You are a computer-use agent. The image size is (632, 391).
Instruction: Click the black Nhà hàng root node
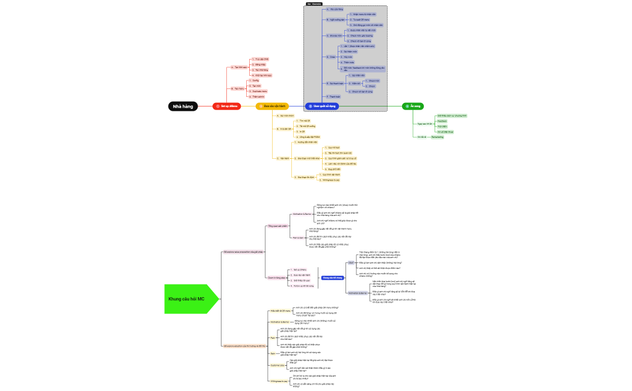(183, 106)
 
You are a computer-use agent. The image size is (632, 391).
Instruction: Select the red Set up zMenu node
(226, 106)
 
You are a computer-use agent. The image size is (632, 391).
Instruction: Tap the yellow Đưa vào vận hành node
(272, 106)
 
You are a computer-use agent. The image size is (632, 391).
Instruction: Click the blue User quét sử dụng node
(322, 106)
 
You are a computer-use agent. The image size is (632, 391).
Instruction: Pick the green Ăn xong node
(413, 106)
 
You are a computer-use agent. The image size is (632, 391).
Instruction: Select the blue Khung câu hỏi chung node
(332, 278)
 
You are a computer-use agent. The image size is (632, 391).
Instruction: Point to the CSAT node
(351, 263)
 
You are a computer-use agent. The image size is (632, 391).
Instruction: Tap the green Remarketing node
(438, 137)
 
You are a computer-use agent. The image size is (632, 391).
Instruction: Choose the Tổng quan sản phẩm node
(277, 226)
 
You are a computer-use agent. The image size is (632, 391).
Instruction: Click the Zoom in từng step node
(277, 277)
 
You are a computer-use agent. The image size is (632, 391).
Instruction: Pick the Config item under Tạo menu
(256, 80)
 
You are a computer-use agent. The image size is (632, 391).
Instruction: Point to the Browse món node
(336, 36)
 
